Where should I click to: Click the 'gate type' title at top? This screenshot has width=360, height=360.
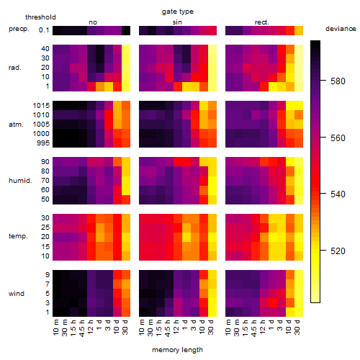tap(178, 12)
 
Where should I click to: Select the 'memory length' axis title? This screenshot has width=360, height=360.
tap(177, 350)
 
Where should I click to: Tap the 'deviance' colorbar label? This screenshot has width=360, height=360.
tap(341, 29)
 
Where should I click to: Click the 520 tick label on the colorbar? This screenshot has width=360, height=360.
tap(338, 251)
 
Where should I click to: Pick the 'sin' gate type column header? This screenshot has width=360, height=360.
tap(177, 22)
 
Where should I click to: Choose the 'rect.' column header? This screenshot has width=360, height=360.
tap(262, 22)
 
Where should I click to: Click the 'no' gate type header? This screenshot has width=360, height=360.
tap(93, 22)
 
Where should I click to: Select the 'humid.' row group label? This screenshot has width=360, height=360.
tap(20, 181)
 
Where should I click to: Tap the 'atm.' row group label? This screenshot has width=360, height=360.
tap(16, 125)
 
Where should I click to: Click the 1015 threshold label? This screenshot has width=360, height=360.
tap(41, 106)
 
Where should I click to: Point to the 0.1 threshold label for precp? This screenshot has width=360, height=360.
tap(44, 30)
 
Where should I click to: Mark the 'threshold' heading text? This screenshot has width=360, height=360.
tap(40, 17)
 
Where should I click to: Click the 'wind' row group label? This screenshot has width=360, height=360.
tap(17, 294)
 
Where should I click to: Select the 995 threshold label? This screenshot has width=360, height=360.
tap(43, 143)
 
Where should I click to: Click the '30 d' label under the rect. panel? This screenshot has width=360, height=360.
tap(297, 327)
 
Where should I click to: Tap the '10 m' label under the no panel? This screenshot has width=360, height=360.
tap(55, 328)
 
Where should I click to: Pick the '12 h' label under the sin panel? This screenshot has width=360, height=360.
tap(176, 327)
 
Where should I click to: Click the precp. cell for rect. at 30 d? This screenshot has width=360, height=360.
tap(299, 30)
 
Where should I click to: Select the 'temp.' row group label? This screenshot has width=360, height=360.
tap(18, 236)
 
